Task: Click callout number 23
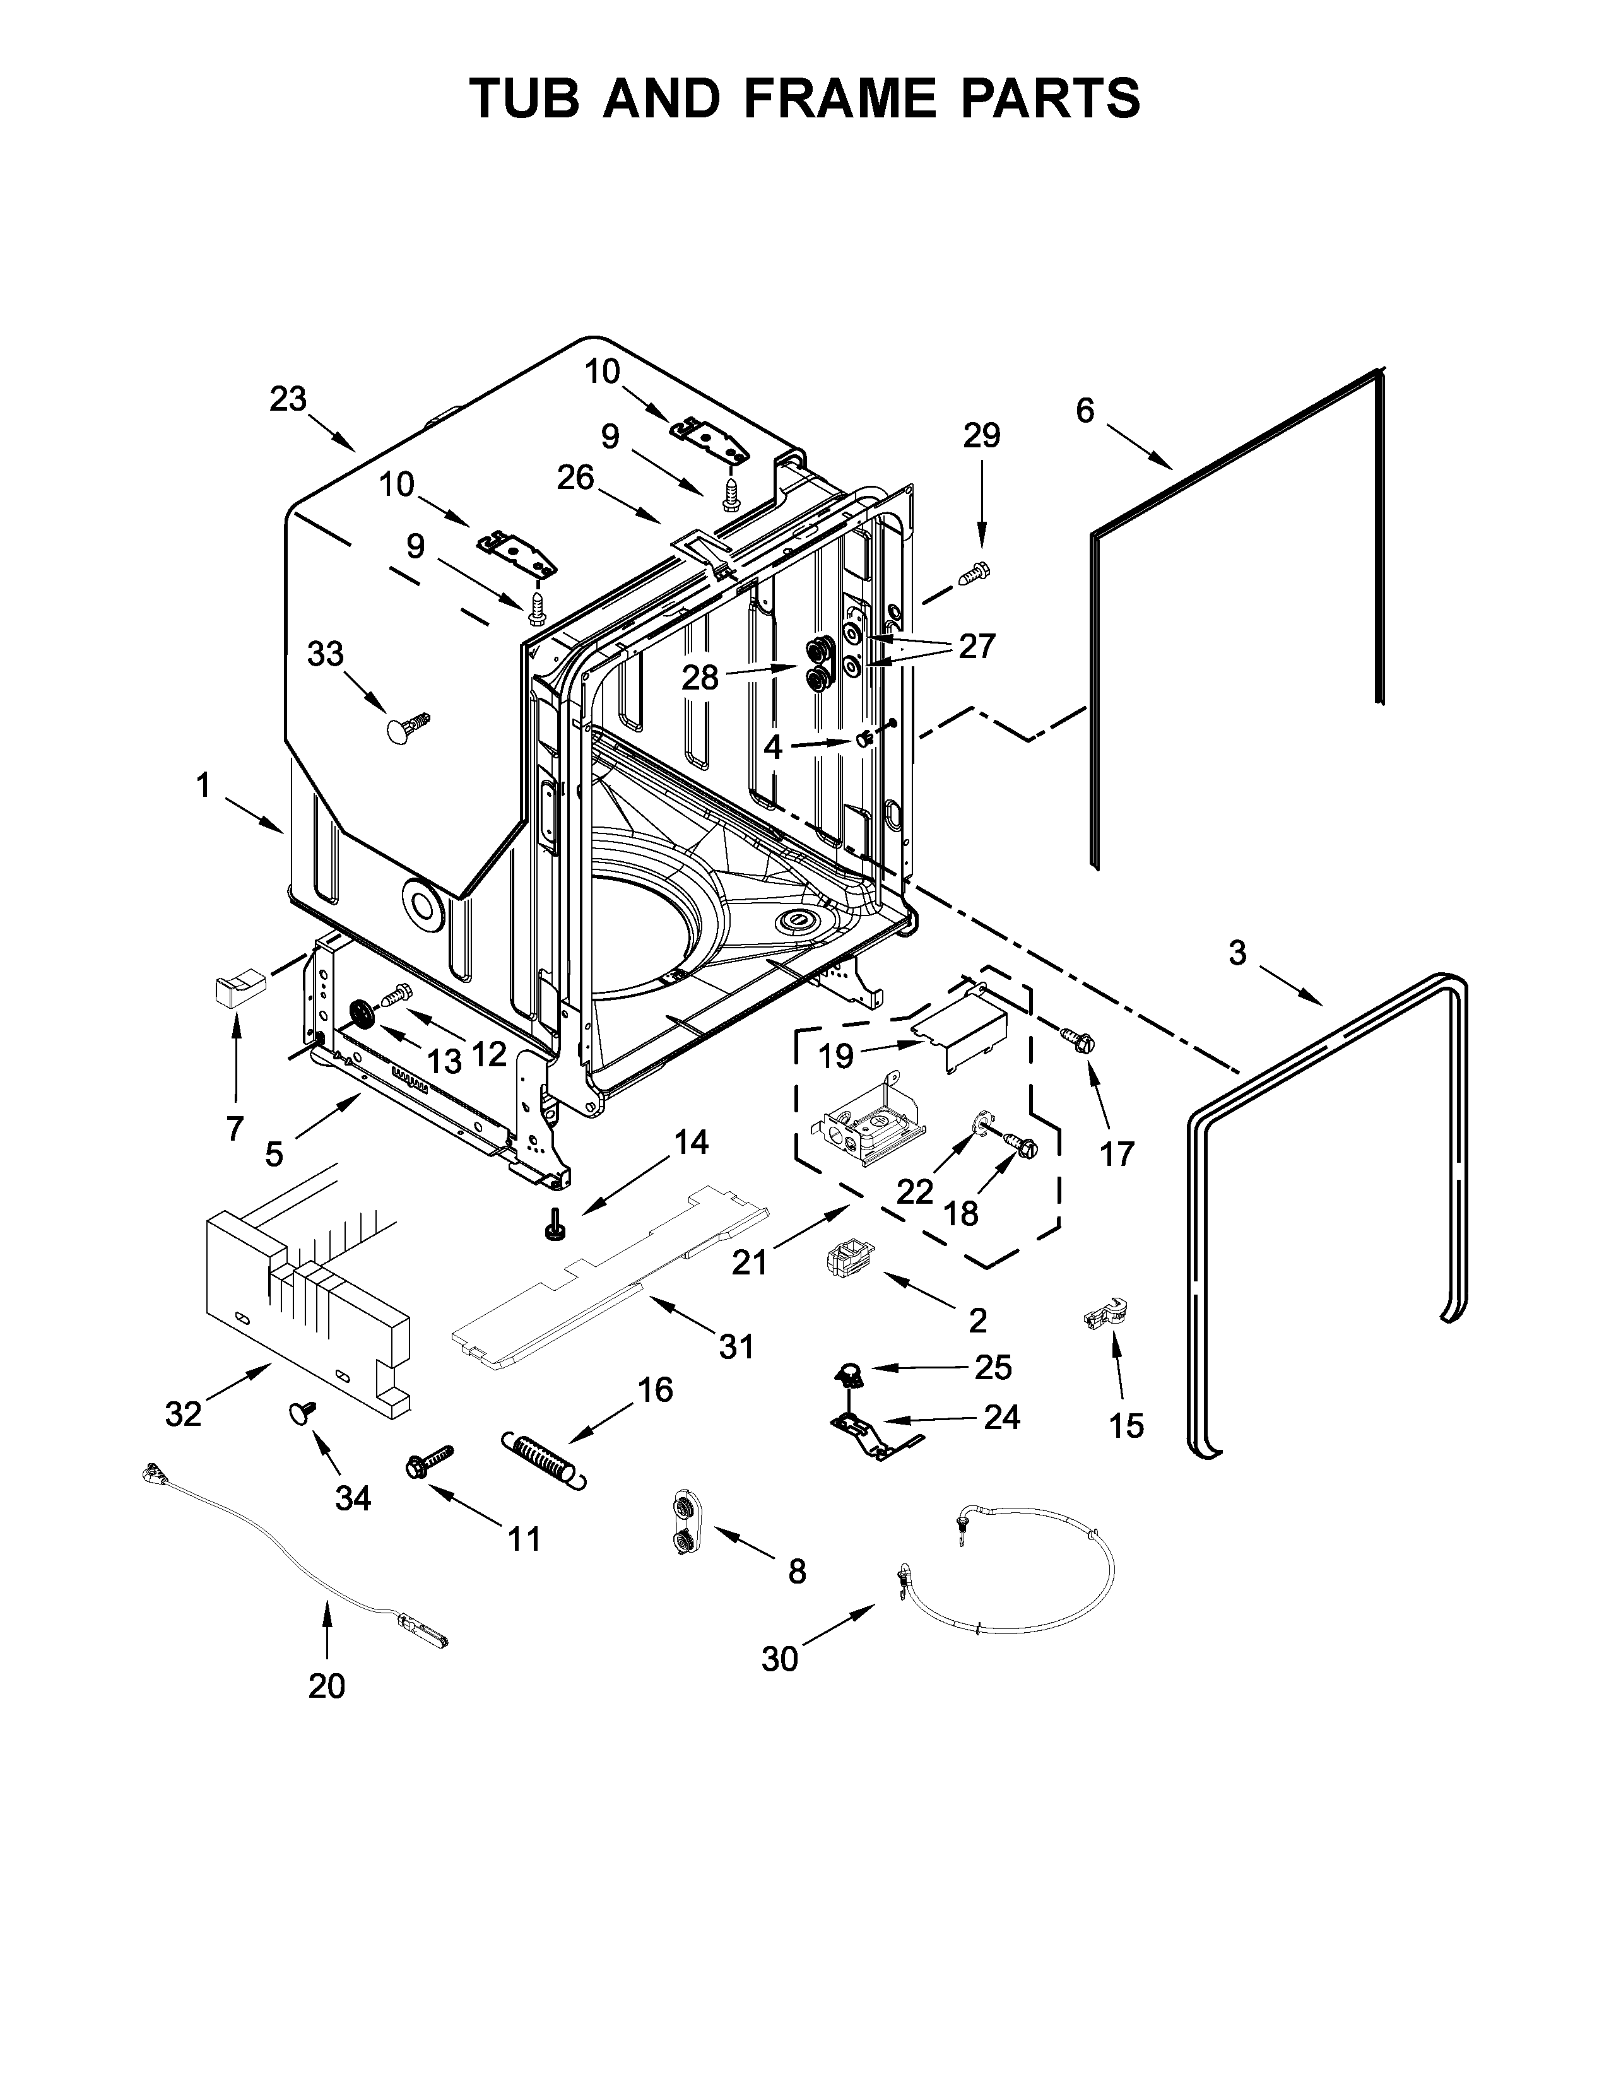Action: pyautogui.click(x=288, y=399)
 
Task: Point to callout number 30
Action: pyautogui.click(x=779, y=1659)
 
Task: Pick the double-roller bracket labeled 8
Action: pyautogui.click(x=683, y=1524)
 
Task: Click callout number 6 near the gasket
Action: pyautogui.click(x=1085, y=411)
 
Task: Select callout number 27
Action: pyautogui.click(x=976, y=646)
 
